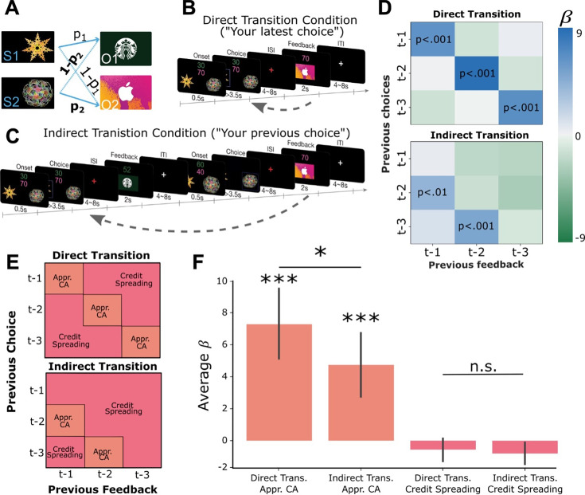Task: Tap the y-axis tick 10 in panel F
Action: click(x=221, y=281)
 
